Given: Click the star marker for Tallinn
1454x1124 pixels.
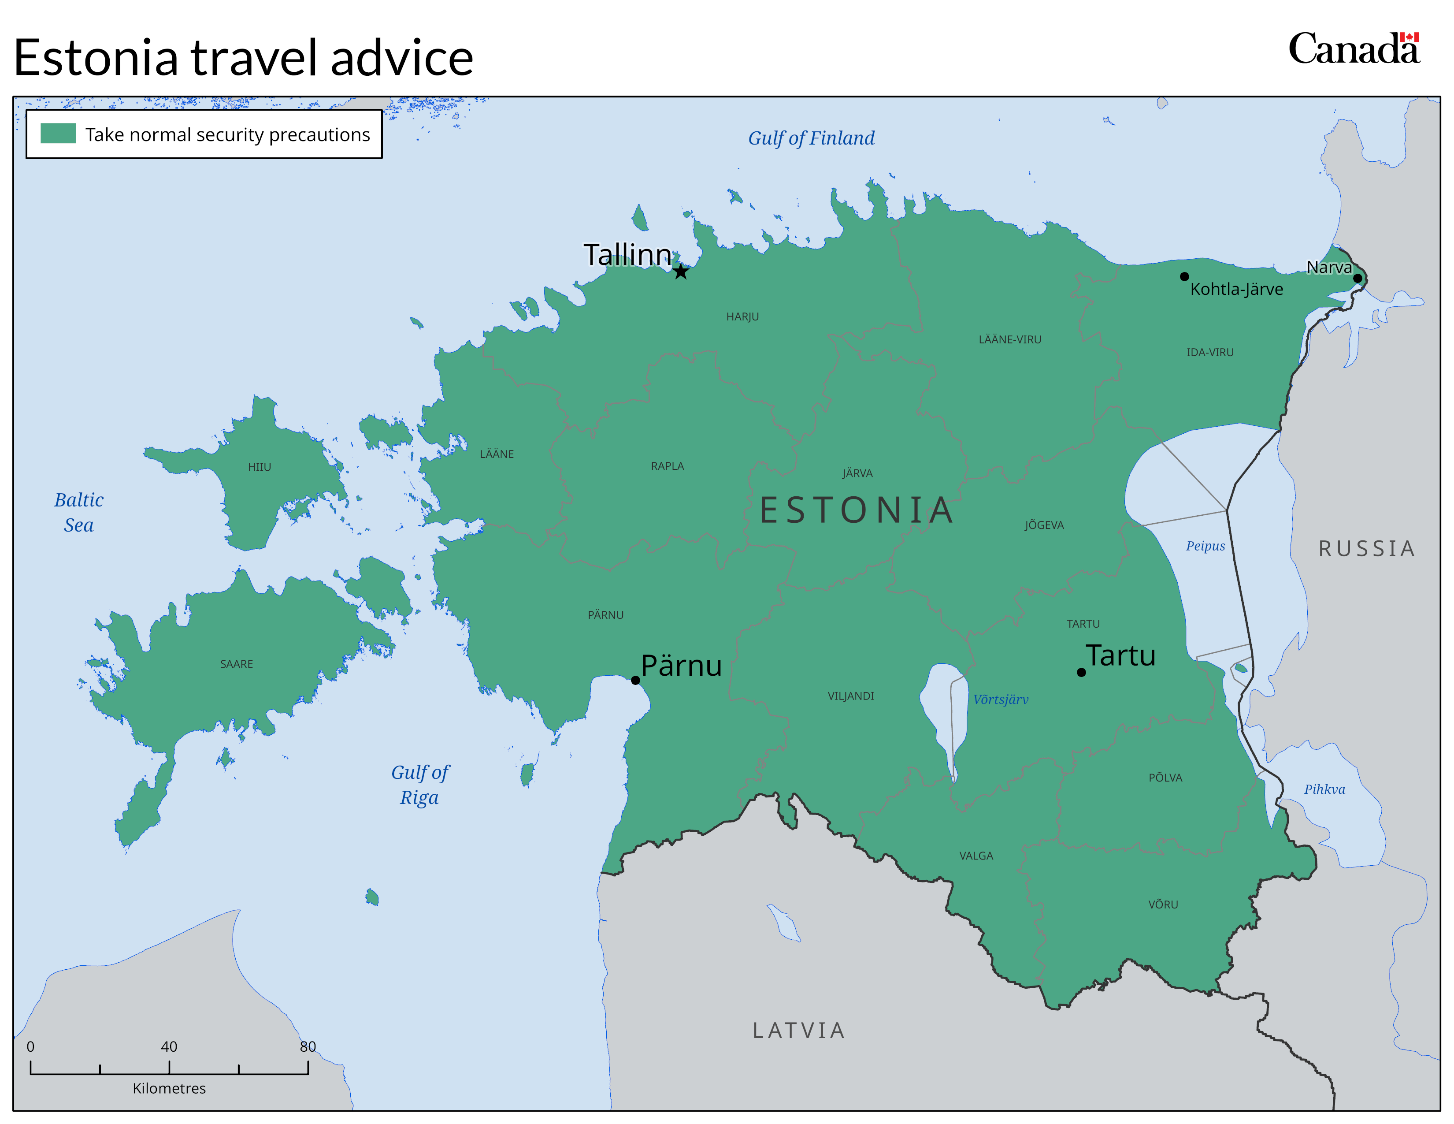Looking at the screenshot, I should click(680, 272).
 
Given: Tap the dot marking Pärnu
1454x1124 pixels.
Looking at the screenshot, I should click(636, 680).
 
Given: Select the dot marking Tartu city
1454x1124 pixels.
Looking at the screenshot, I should click(1081, 673).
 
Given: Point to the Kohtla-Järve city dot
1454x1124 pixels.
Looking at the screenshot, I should click(1184, 276).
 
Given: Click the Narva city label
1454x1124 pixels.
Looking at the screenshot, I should click(1329, 268).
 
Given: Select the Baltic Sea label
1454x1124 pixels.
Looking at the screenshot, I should click(78, 512).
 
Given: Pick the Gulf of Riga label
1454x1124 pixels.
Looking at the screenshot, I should click(419, 785).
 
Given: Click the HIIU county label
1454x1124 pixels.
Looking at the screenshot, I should click(260, 467).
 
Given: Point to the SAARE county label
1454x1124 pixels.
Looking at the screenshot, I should click(236, 664).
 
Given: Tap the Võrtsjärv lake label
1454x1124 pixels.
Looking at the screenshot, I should click(1001, 699).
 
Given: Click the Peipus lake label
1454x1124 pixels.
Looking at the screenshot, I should click(1205, 546).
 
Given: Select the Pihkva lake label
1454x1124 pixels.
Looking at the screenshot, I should click(1324, 789).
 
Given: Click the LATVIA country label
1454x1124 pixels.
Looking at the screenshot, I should click(799, 1031).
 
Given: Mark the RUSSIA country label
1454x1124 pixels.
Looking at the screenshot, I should click(1367, 549).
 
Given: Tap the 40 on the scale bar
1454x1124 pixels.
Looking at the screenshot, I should click(169, 1046).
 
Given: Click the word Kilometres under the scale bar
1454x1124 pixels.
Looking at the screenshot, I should click(169, 1088).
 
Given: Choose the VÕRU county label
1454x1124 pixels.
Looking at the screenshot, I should click(1163, 904).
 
